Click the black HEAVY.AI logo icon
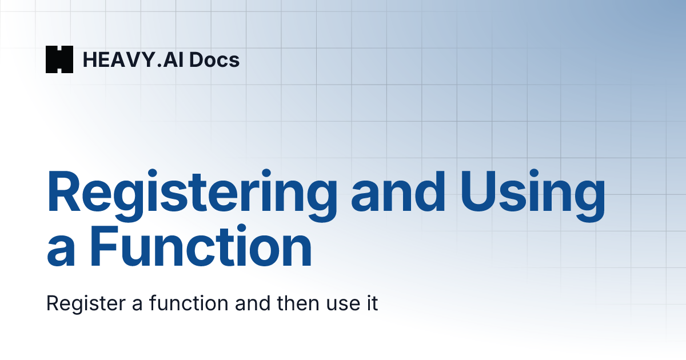coord(59,59)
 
